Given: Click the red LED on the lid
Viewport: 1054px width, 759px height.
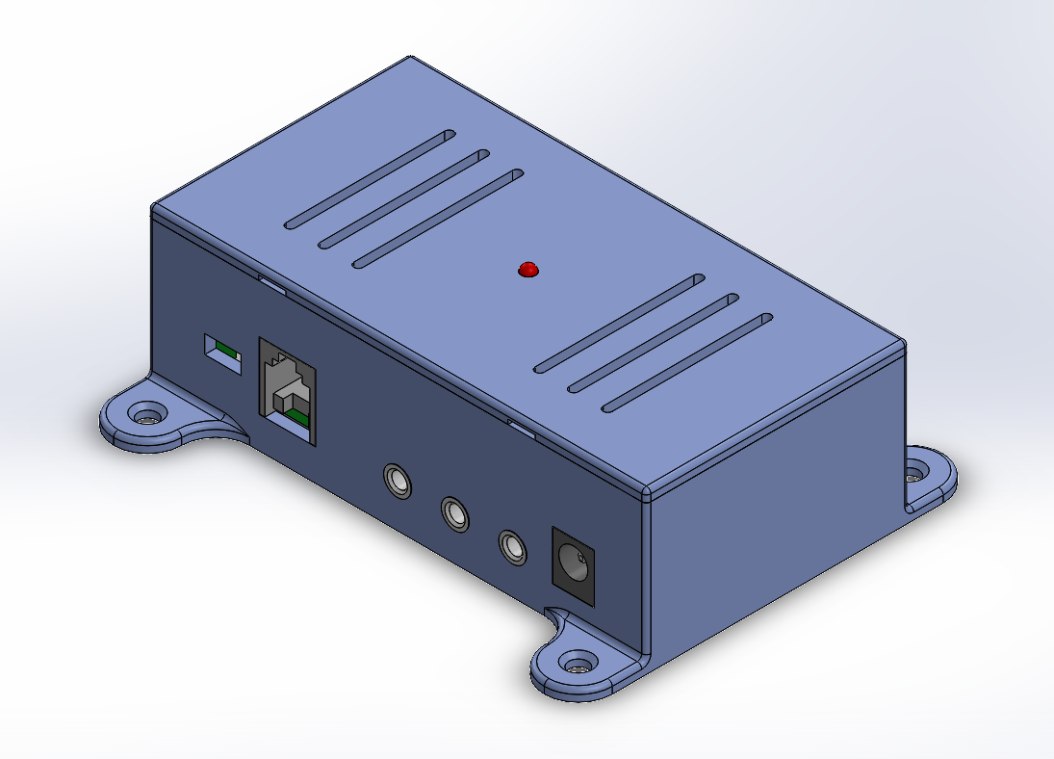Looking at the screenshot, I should (x=527, y=270).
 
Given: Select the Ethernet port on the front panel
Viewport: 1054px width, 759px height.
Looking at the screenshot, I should (x=287, y=390).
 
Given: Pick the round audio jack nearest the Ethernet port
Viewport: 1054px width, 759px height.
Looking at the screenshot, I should (x=397, y=480).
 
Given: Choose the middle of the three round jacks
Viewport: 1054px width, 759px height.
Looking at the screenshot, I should (x=455, y=513).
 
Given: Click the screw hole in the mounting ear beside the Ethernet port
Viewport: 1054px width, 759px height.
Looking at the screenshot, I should (x=146, y=418).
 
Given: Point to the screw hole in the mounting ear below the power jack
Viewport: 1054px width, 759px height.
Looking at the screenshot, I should (x=578, y=665).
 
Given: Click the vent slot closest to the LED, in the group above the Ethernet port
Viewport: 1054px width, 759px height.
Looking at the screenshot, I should (x=438, y=220).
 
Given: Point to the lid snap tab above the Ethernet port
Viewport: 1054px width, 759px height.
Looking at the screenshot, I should (x=272, y=283).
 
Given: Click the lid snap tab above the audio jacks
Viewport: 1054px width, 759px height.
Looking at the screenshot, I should (x=521, y=427).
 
